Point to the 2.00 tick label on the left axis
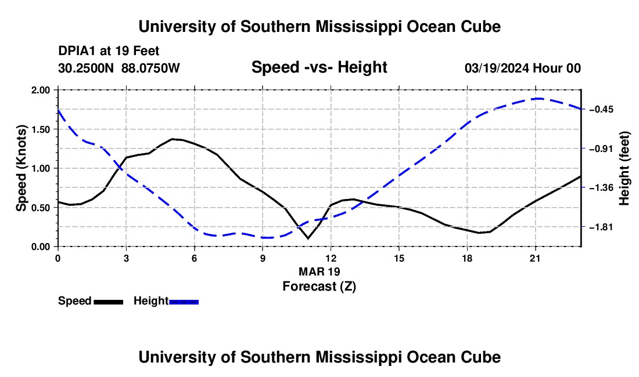click(41, 90)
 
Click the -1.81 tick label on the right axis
click(601, 227)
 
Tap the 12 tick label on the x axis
click(331, 258)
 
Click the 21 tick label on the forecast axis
click(535, 258)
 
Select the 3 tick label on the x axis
click(126, 258)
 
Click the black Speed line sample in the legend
click(109, 302)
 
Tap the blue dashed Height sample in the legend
click(184, 302)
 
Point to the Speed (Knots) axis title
click(21, 168)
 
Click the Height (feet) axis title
click(624, 168)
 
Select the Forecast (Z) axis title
click(319, 287)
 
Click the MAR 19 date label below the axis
click(319, 271)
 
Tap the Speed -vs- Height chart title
click(319, 67)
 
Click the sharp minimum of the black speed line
click(308, 238)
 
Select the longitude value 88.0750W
click(150, 68)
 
